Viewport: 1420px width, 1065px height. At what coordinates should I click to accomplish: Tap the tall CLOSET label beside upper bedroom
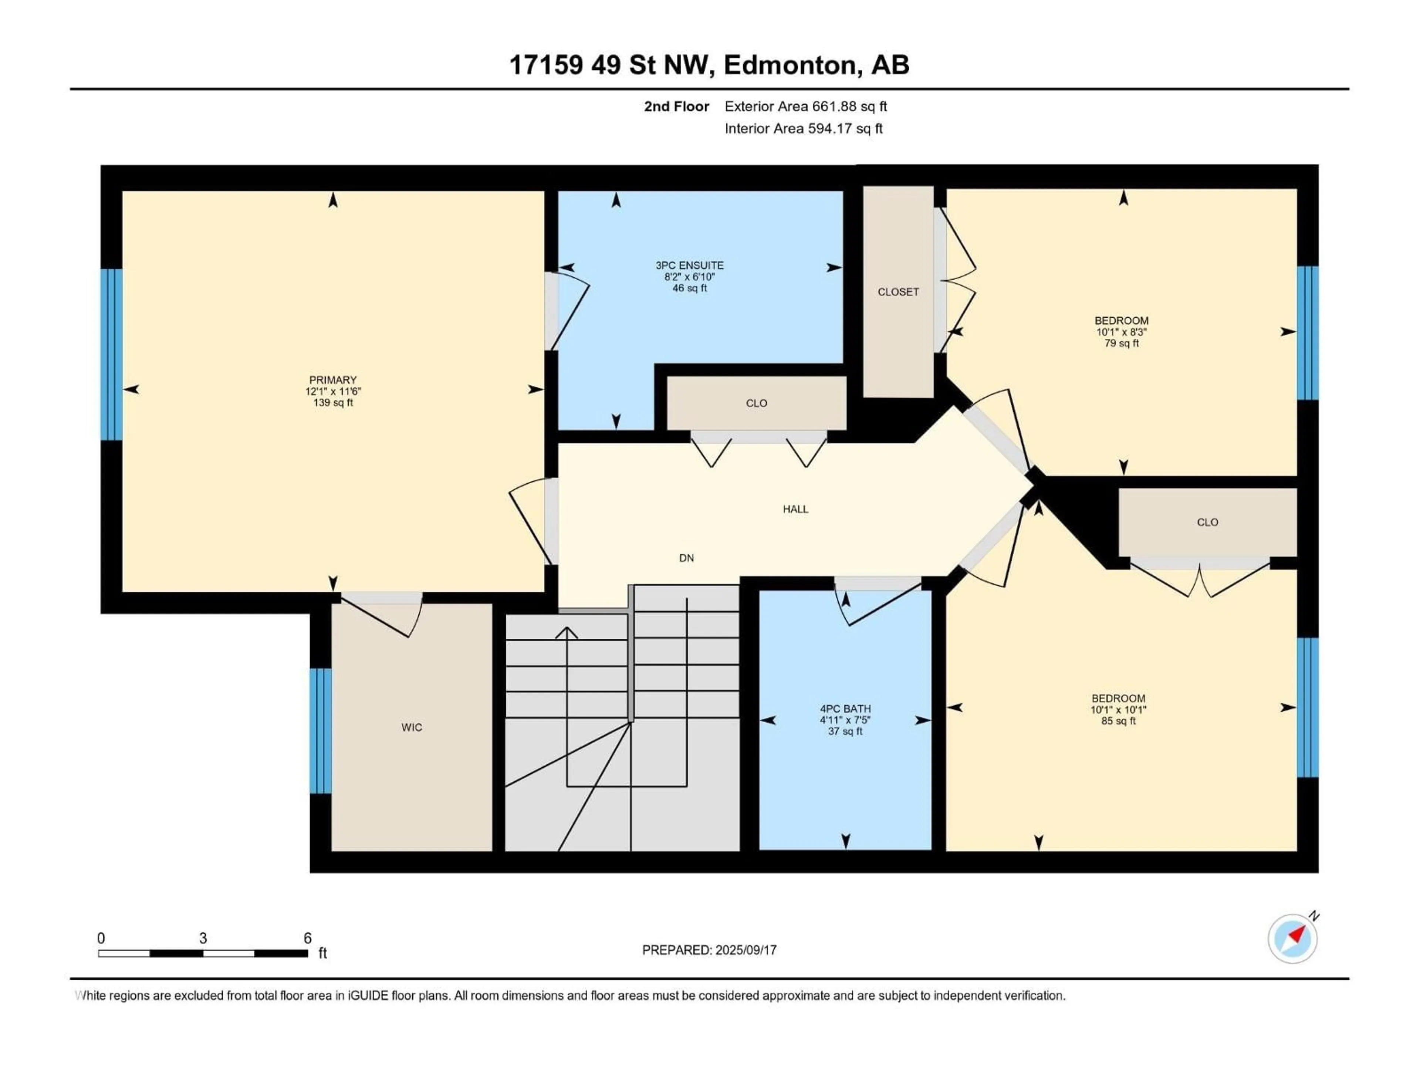(x=898, y=291)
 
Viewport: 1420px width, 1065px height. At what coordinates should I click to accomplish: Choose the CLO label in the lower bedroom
(x=1207, y=522)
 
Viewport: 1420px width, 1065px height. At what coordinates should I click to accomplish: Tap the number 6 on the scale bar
(x=308, y=938)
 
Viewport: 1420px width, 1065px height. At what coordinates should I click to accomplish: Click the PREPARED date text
(x=709, y=950)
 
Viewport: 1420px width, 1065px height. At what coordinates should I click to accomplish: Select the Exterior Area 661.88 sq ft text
(x=806, y=106)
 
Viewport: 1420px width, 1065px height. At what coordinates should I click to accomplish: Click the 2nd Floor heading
(x=676, y=106)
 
